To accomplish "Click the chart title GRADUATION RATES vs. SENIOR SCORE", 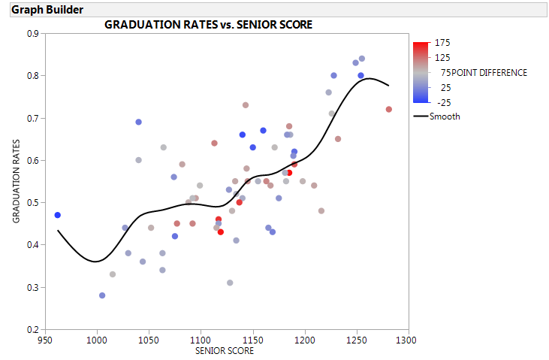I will [x=208, y=24].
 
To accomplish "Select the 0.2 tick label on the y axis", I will [x=34, y=329].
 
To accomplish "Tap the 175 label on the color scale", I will [x=442, y=44].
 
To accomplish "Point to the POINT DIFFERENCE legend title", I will [x=490, y=73].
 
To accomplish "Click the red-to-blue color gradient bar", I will [x=421, y=71].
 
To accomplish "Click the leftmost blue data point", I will [x=58, y=215].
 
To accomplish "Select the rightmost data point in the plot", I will [x=389, y=109].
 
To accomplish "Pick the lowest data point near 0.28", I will [x=102, y=295].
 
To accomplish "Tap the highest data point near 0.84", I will [x=361, y=59].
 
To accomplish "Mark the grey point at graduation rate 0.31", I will [x=230, y=283].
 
